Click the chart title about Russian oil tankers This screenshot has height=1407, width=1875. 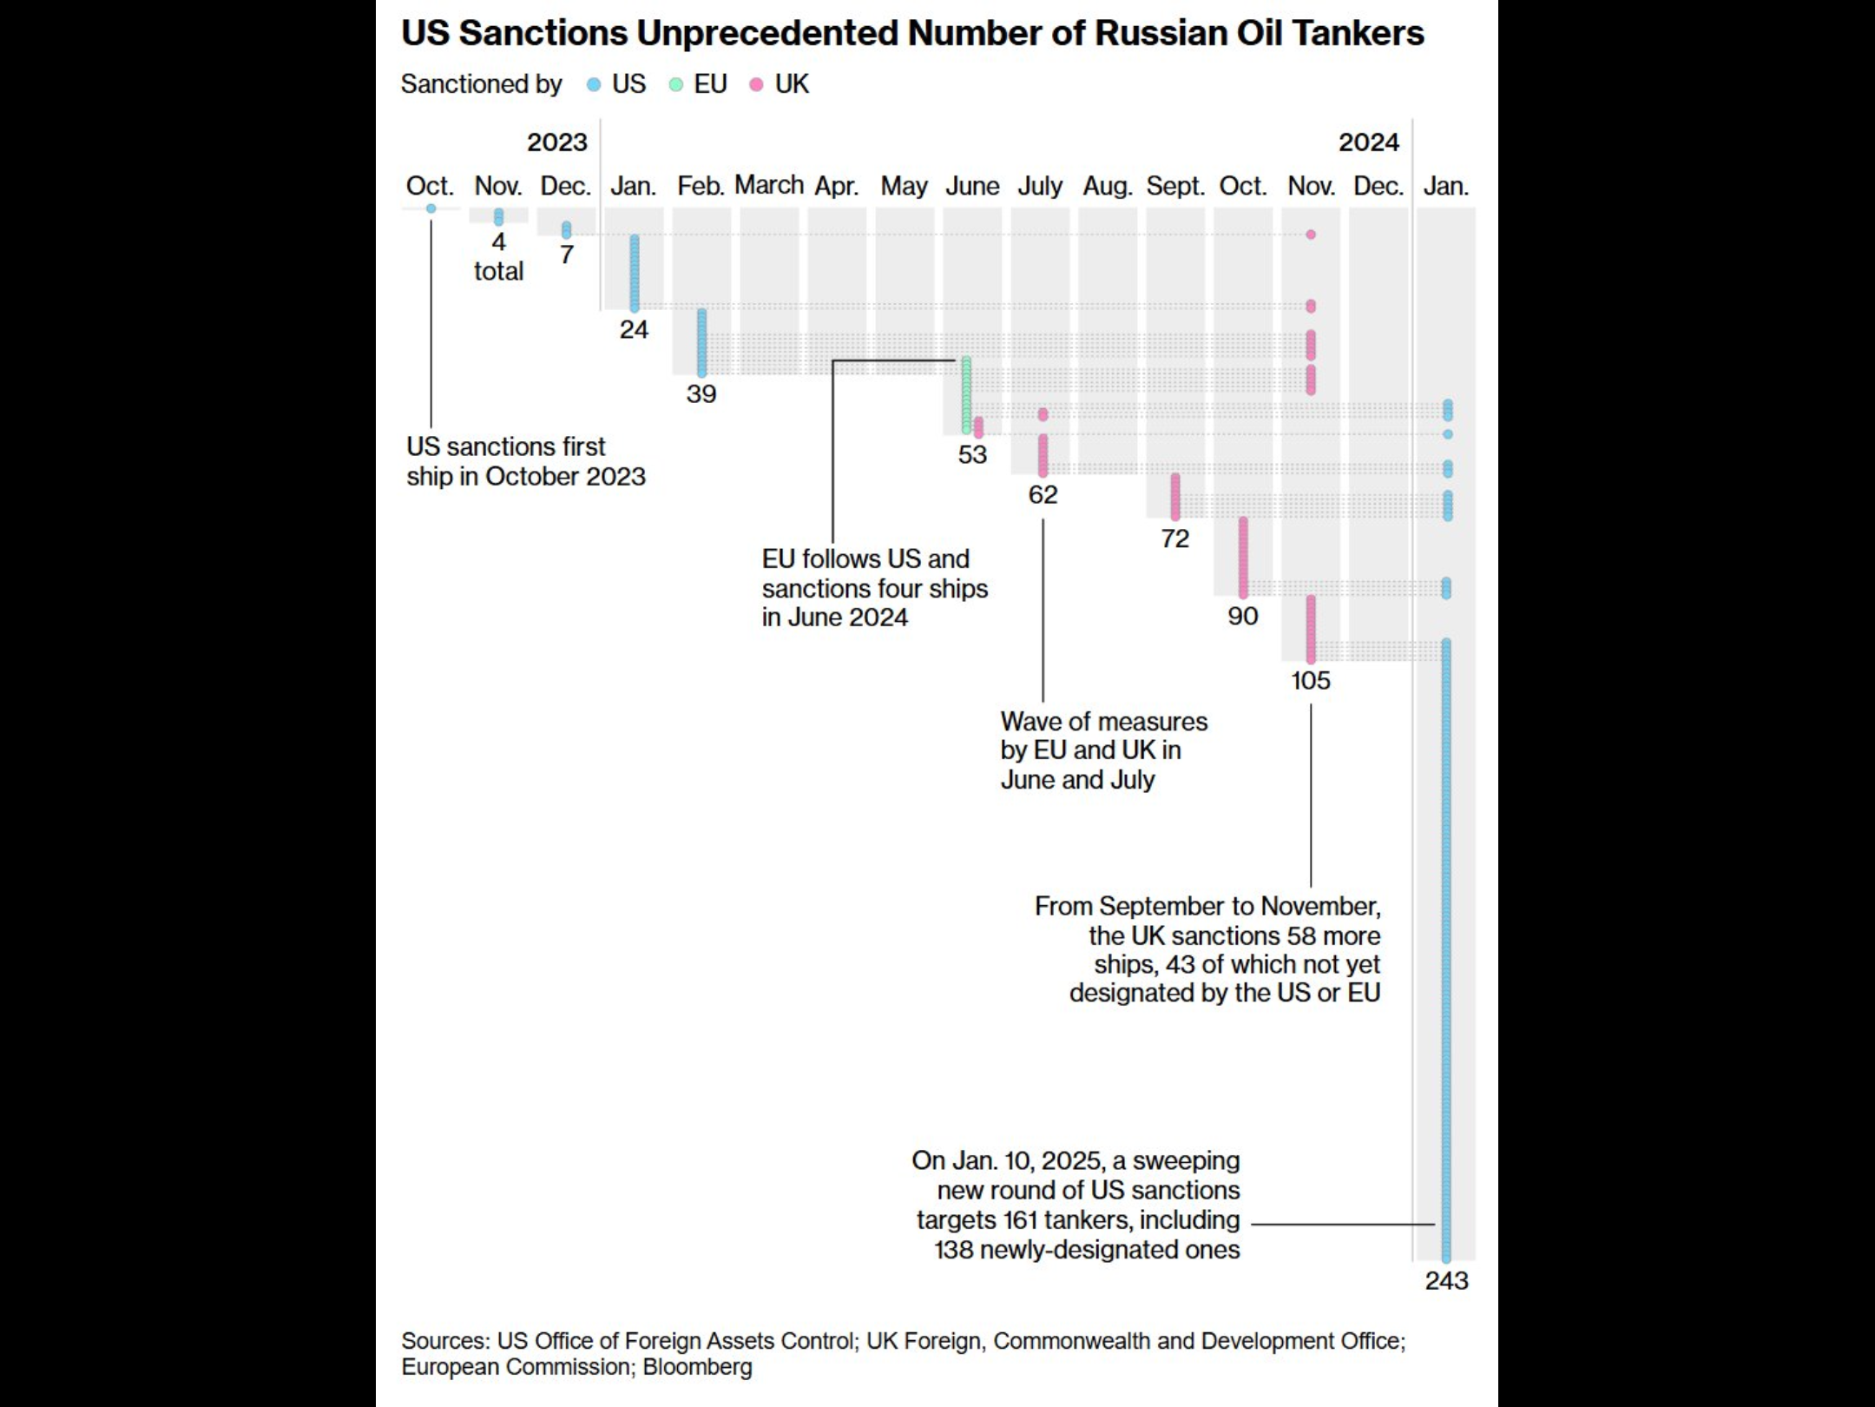coord(912,34)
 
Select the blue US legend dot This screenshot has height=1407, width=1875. coord(594,85)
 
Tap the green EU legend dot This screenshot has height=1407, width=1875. coord(676,85)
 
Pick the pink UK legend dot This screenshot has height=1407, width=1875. coord(756,85)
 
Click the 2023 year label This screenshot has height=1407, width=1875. coord(557,142)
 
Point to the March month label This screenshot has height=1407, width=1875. coord(769,185)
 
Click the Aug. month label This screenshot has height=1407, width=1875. coord(1108,187)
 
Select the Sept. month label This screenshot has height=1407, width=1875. coord(1175,187)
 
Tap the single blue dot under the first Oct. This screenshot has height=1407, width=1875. coord(431,208)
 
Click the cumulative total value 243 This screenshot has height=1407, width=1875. coord(1447,1280)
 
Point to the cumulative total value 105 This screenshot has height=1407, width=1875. coord(1311,680)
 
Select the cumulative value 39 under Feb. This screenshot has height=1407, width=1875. coord(701,393)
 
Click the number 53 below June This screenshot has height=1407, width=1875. coord(972,454)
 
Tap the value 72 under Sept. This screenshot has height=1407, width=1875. coord(1175,538)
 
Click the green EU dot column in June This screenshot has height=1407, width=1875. coord(966,395)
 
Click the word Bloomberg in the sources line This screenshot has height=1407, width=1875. coord(697,1367)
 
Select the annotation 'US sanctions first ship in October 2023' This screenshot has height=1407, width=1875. coord(526,461)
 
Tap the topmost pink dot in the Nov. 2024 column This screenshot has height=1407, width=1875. coord(1311,234)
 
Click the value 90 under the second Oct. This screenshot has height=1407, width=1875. coord(1243,616)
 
